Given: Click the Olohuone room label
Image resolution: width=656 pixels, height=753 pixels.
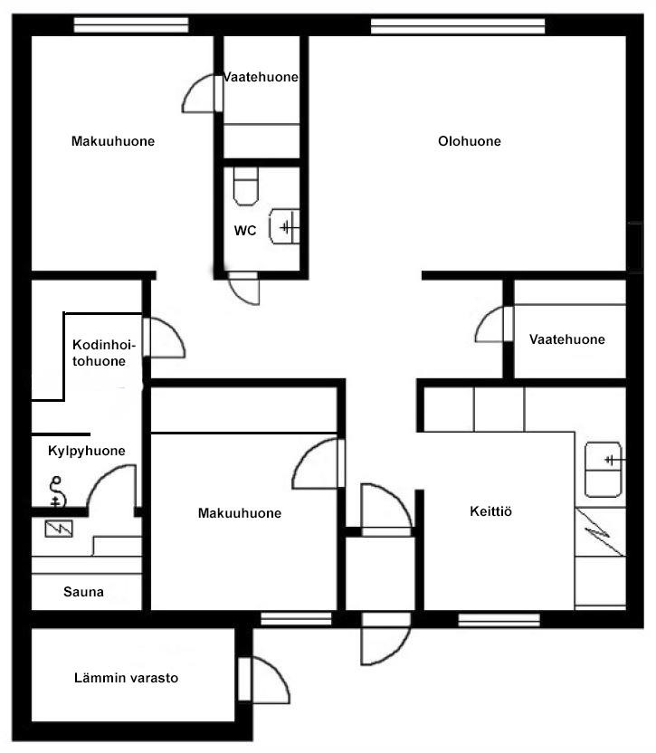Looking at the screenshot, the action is [x=470, y=141].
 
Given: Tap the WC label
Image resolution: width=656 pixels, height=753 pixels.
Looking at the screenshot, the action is [x=245, y=231].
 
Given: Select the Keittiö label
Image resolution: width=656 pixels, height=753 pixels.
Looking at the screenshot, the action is [x=490, y=511].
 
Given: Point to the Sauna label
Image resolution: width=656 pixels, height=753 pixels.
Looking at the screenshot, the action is [x=83, y=592].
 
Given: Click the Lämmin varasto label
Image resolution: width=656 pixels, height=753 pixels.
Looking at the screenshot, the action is [x=126, y=678].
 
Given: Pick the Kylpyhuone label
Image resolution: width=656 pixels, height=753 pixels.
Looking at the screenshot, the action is [x=87, y=451].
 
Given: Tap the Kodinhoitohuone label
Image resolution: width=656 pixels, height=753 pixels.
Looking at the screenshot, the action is [x=104, y=353].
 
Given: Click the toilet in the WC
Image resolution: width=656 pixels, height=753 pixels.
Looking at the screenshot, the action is [x=246, y=186].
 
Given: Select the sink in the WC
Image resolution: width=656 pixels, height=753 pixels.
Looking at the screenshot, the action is [x=284, y=226].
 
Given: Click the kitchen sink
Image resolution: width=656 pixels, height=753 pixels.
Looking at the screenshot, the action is [x=604, y=469].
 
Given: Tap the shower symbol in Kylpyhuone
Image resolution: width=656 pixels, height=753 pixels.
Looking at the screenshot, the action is [x=56, y=491].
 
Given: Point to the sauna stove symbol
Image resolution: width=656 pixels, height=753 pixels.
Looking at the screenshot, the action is [x=59, y=529].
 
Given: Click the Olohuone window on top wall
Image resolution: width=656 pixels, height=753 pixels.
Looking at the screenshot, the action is [x=458, y=26].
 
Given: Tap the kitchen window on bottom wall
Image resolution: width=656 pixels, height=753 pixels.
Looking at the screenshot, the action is [x=499, y=620].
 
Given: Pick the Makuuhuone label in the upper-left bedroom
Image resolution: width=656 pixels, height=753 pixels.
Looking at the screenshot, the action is [x=113, y=141].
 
